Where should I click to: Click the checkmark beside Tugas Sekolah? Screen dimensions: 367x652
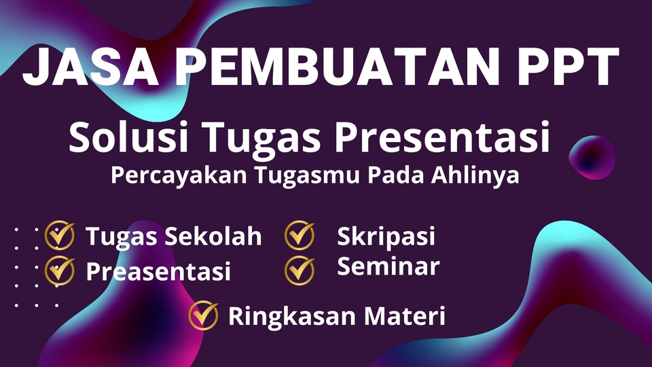[60, 236]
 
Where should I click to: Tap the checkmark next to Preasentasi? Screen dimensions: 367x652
[60, 270]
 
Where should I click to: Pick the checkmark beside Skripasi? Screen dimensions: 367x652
[300, 235]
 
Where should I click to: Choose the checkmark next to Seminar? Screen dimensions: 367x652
[300, 269]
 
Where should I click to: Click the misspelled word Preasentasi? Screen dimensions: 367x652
[158, 271]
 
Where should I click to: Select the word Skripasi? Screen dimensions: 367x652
[386, 237]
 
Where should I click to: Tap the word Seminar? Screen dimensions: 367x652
[388, 266]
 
